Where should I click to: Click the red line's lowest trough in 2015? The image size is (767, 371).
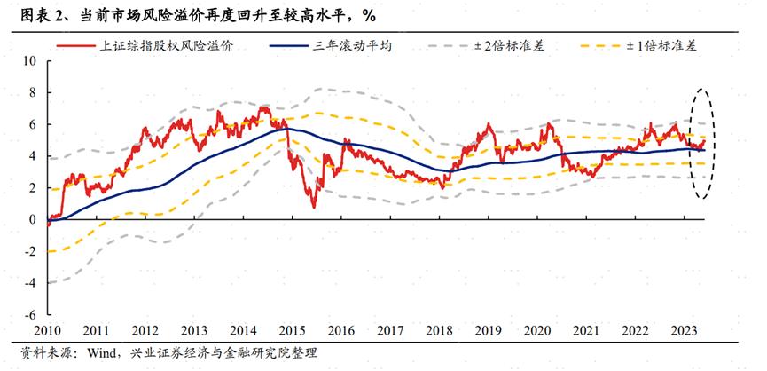313,207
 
